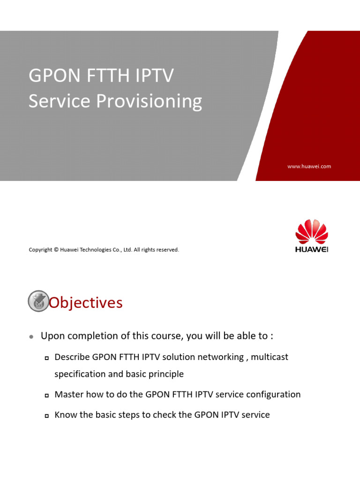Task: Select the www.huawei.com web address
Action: pos(309,166)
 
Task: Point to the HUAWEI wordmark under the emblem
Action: pos(312,249)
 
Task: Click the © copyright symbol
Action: pos(55,250)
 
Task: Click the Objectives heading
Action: pos(86,303)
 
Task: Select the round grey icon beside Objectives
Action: pos(38,301)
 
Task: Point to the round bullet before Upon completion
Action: pos(31,337)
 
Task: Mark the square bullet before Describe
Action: pos(46,358)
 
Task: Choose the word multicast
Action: pos(270,357)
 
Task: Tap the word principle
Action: pos(165,375)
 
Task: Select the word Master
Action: pos(68,395)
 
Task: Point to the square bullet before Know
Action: pos(46,416)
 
